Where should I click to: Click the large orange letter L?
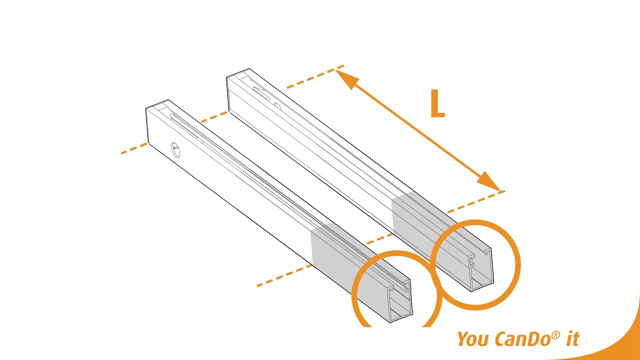(437, 104)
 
